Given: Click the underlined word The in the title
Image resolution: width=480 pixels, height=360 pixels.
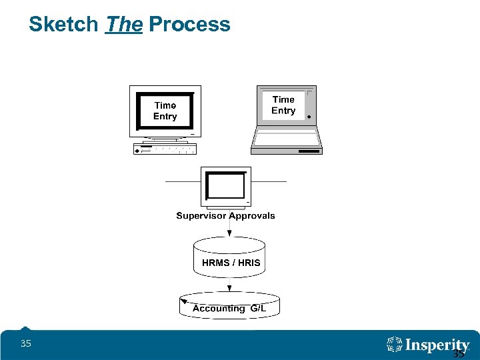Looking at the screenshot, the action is pos(124,25).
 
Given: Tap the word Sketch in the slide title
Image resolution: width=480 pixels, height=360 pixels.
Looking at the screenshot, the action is pos(63,25).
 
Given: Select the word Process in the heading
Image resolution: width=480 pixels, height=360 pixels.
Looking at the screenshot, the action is pos(189,25).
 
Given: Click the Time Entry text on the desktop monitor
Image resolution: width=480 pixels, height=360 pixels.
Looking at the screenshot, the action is pos(165,111).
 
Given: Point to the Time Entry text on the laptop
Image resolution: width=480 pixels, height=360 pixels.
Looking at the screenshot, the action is pos(283,105).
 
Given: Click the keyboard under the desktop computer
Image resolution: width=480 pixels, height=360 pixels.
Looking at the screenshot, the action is pos(165,149).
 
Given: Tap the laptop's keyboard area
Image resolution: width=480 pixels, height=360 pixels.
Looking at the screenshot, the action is pos(287,139).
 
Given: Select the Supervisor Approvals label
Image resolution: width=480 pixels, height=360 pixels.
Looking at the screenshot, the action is pos(225,215).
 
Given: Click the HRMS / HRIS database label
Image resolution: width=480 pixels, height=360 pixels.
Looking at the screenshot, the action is pos(231,263).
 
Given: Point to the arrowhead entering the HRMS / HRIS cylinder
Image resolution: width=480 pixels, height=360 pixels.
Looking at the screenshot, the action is pos(229,233).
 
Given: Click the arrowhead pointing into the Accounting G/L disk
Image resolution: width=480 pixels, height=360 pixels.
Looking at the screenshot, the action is pos(229,289).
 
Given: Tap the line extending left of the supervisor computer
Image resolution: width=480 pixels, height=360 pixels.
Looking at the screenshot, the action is pos(183,181).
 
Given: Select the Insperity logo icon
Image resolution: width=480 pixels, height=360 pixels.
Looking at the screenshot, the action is pos(395,344).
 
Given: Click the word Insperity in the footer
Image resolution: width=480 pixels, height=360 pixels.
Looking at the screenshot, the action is pos(438,345).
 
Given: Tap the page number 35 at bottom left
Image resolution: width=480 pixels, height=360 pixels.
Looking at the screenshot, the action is pos(26,344).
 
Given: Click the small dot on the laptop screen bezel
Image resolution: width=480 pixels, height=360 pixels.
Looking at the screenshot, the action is pos(309,116).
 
